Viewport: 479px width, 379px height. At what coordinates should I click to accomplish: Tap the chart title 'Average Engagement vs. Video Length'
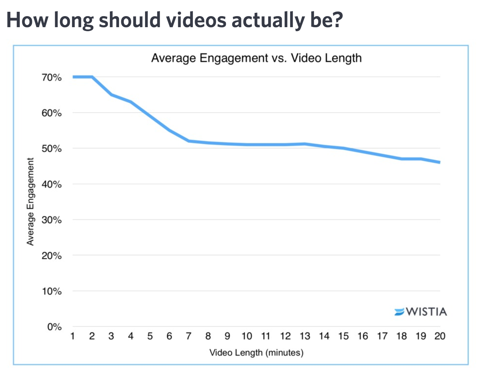[x=256, y=58]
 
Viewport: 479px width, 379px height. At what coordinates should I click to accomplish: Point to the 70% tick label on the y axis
[x=51, y=77]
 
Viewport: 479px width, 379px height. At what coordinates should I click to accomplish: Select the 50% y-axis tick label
[x=51, y=149]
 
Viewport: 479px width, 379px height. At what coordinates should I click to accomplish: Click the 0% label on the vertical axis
[x=54, y=327]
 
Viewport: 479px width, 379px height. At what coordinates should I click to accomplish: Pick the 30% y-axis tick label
[x=51, y=220]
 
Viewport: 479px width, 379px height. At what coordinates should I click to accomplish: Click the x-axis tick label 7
[x=189, y=336]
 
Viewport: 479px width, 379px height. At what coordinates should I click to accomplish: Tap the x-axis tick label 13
[x=305, y=336]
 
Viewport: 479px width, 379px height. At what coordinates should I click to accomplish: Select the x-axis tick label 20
[x=440, y=336]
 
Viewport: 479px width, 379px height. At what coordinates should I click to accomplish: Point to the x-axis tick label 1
[x=73, y=336]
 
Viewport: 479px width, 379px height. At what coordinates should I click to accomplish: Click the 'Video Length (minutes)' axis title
[x=256, y=353]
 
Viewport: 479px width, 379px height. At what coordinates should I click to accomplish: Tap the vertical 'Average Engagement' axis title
[x=30, y=202]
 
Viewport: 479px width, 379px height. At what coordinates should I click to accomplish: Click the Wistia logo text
[x=426, y=312]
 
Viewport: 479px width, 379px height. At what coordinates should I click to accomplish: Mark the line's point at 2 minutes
[x=92, y=77]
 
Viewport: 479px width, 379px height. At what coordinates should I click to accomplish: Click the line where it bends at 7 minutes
[x=189, y=141]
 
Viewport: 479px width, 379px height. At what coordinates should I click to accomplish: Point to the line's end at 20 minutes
[x=439, y=162]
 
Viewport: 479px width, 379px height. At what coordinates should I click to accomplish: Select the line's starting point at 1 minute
[x=73, y=77]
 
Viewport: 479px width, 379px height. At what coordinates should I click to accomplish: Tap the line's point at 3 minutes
[x=111, y=95]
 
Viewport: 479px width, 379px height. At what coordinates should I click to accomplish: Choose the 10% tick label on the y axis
[x=51, y=291]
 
